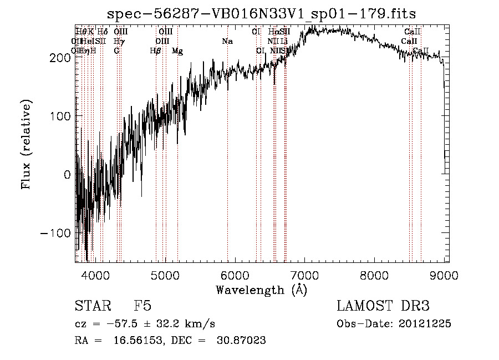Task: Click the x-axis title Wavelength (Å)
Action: [x=261, y=290]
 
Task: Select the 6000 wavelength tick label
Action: [x=235, y=274]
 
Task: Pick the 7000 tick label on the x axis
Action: [x=305, y=274]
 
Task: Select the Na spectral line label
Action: [x=227, y=41]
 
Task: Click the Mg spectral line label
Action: [x=177, y=51]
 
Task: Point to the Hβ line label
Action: [x=156, y=51]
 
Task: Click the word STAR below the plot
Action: [x=92, y=306]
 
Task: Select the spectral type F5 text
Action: [x=142, y=306]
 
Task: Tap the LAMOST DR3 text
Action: [x=383, y=306]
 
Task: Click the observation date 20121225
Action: [x=426, y=324]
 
